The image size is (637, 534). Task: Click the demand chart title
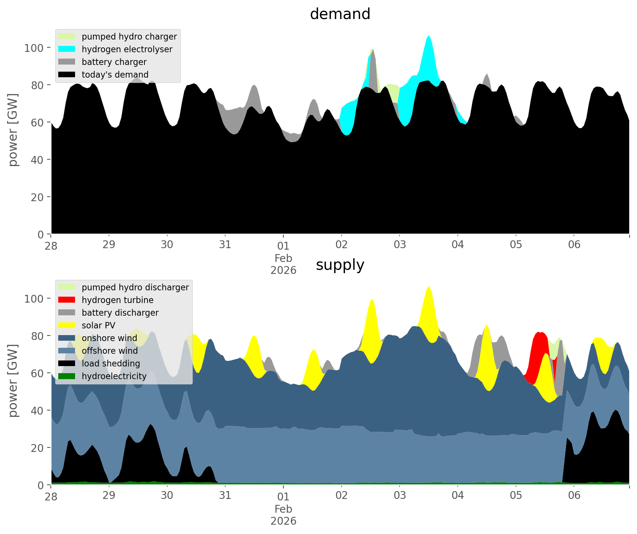click(x=340, y=14)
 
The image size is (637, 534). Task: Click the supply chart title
click(x=340, y=265)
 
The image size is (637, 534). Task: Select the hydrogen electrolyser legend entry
click(x=127, y=49)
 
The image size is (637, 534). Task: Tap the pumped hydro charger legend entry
click(x=129, y=37)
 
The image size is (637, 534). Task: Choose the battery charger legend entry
click(x=114, y=62)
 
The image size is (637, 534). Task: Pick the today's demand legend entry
click(x=115, y=75)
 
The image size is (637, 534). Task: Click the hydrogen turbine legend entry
click(x=117, y=300)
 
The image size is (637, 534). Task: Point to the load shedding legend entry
click(x=111, y=363)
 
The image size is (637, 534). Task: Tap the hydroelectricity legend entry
click(x=114, y=376)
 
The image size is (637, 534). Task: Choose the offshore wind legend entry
click(x=109, y=351)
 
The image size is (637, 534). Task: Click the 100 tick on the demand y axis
click(x=34, y=48)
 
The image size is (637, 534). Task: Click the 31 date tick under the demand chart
click(x=225, y=245)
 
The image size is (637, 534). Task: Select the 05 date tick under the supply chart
click(x=516, y=496)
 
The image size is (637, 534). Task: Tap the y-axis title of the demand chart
click(x=13, y=130)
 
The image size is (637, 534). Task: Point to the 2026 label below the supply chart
click(x=283, y=521)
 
